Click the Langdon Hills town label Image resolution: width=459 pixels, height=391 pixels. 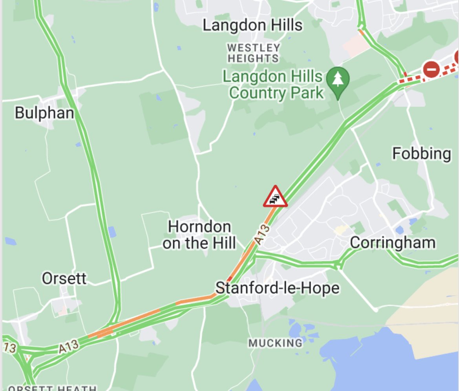[252, 26]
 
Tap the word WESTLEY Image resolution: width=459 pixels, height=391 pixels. [254, 48]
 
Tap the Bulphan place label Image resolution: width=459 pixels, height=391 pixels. [44, 113]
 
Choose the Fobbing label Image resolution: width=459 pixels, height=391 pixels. [421, 154]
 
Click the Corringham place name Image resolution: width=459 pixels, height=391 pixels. [392, 242]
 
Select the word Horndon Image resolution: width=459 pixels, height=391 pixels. [199, 227]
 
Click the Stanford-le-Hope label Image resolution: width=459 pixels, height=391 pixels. [277, 288]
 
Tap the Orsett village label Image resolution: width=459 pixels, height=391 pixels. [64, 279]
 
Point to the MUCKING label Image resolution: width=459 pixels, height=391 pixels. [275, 343]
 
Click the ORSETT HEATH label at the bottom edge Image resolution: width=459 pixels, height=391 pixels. [53, 388]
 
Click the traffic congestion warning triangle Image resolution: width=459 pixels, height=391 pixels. [275, 197]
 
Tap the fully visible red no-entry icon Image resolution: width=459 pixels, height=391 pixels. [431, 70]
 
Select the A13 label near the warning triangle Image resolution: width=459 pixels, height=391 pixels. [262, 235]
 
